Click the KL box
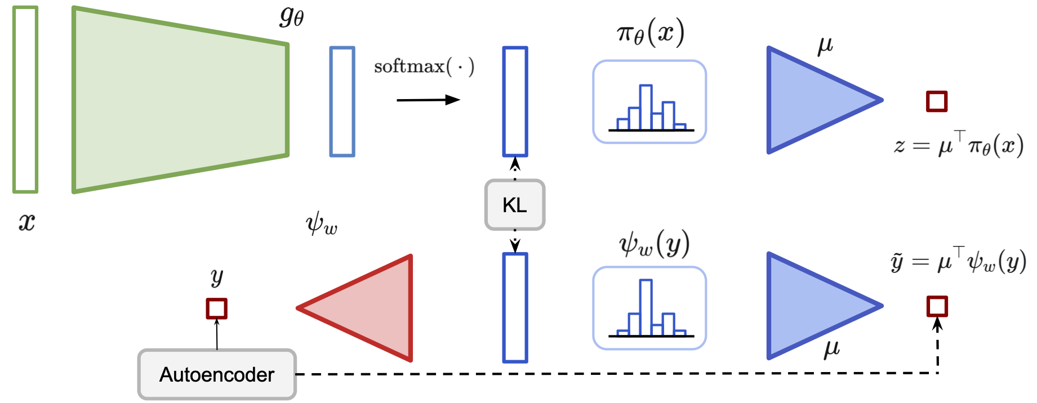[x=514, y=205]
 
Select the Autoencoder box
[x=217, y=374]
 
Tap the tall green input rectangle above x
[x=25, y=100]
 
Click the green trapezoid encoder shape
[x=180, y=100]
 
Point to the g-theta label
[x=292, y=16]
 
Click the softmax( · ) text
[x=424, y=67]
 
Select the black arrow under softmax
[x=428, y=100]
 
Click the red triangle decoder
[x=366, y=308]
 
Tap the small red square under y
[x=216, y=308]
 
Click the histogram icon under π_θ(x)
[x=649, y=102]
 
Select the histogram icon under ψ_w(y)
[x=649, y=308]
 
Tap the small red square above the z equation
[x=937, y=101]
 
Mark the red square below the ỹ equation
[x=937, y=307]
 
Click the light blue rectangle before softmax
[x=342, y=101]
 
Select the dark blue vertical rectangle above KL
[x=515, y=101]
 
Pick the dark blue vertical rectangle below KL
[x=515, y=308]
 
